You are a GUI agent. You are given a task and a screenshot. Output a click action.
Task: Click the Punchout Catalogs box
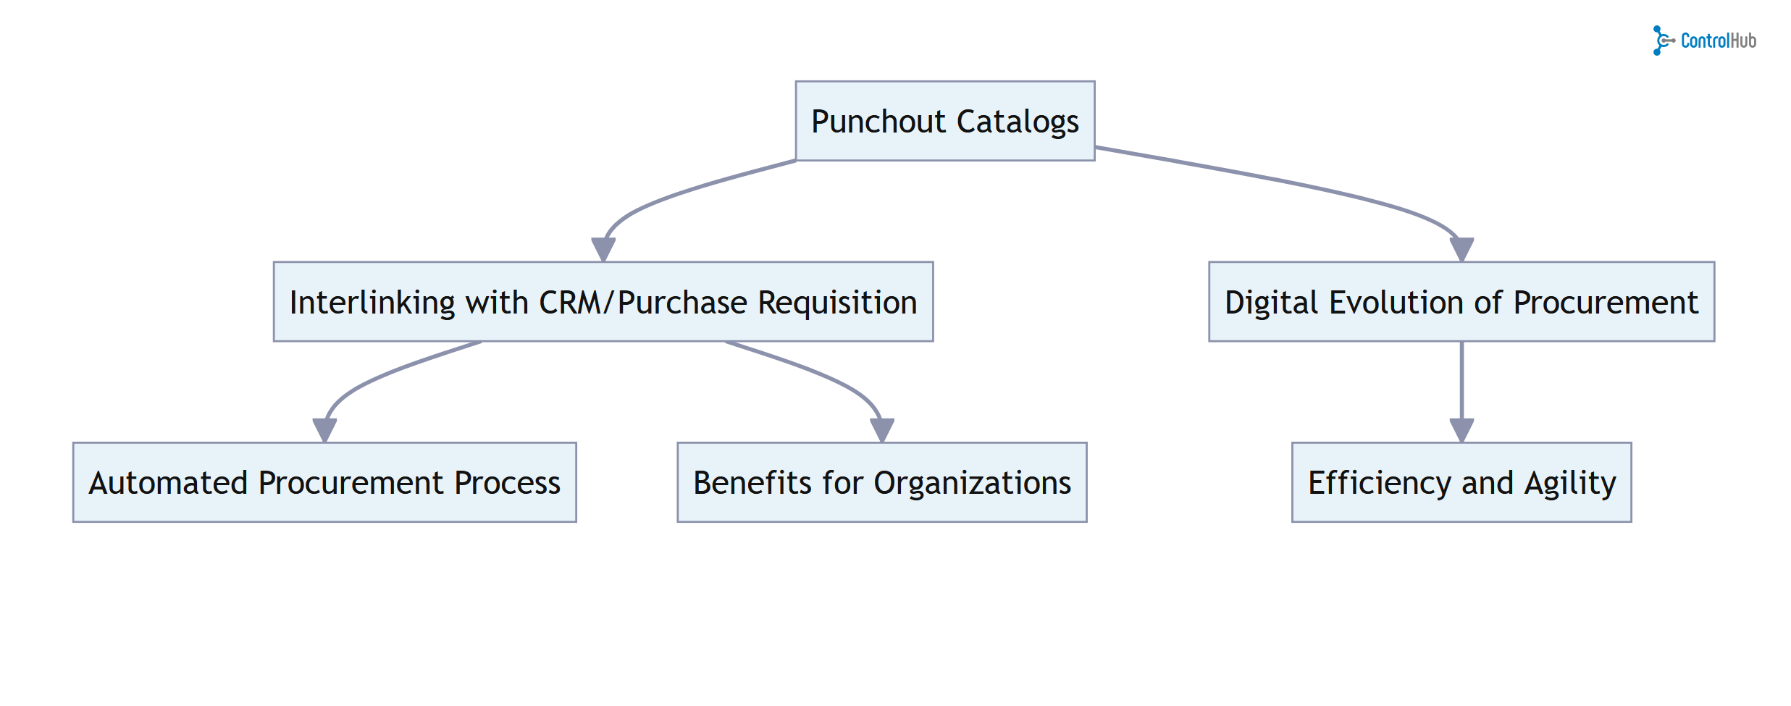tap(945, 121)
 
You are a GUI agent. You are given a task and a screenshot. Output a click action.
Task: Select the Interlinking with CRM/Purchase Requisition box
tap(603, 302)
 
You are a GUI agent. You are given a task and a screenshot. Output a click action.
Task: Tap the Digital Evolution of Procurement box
tap(1461, 302)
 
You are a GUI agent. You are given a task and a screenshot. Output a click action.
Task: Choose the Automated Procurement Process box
tap(324, 482)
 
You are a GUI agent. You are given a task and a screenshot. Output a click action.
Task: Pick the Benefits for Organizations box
tap(882, 482)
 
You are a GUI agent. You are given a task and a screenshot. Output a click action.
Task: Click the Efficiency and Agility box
tap(1461, 482)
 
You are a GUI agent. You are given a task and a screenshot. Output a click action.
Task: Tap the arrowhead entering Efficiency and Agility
tap(1461, 430)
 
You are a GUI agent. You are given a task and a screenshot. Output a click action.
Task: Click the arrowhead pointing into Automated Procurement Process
tap(324, 430)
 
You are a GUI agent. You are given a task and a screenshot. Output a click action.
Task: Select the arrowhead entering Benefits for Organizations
tap(882, 430)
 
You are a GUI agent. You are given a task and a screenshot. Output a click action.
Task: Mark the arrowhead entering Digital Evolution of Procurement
tap(1461, 249)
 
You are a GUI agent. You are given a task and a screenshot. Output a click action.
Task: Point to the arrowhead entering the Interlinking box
tap(603, 249)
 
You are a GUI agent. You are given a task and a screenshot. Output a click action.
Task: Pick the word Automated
tap(168, 482)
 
